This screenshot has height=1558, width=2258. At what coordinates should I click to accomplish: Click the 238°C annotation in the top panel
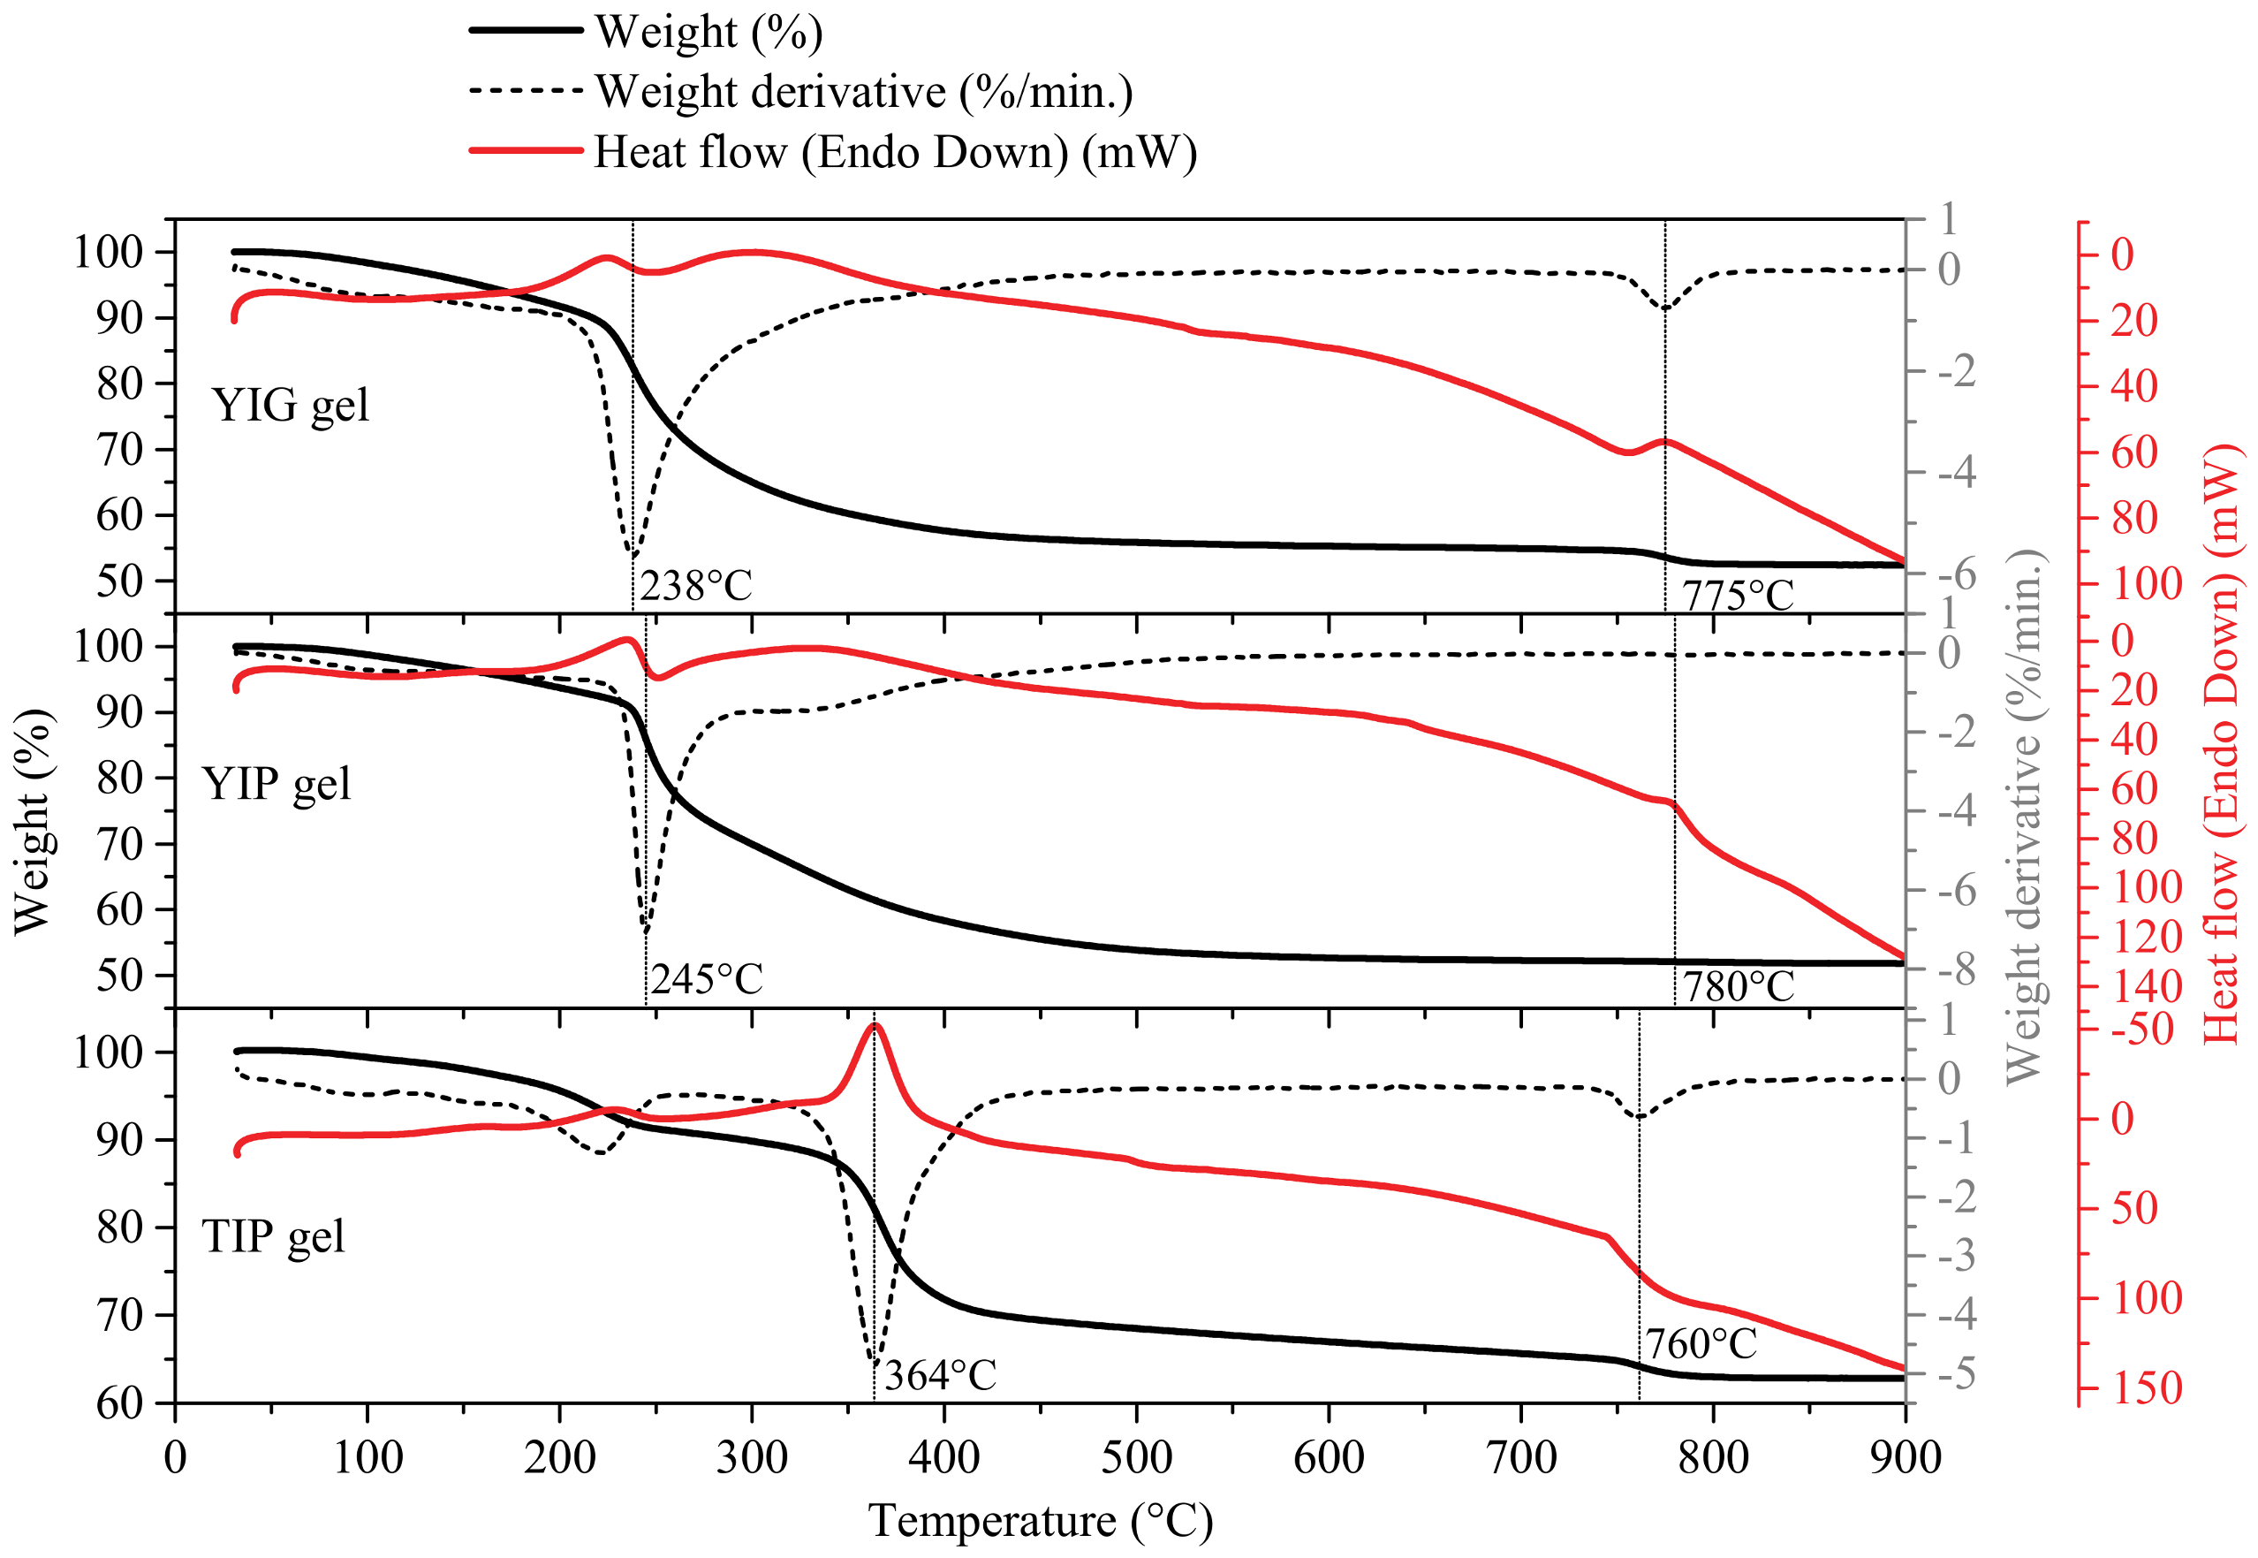click(x=696, y=587)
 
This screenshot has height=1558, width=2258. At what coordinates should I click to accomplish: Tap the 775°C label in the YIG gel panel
click(x=1738, y=596)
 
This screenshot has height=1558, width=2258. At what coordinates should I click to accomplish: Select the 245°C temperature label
click(x=707, y=979)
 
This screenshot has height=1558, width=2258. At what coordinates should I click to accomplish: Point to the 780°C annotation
click(x=1739, y=987)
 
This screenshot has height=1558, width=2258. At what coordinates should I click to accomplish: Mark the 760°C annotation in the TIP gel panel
click(x=1701, y=1345)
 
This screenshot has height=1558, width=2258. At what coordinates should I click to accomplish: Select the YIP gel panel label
click(x=277, y=784)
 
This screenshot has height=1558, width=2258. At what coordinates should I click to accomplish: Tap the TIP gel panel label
click(x=273, y=1237)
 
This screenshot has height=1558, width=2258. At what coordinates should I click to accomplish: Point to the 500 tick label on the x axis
click(x=1137, y=1458)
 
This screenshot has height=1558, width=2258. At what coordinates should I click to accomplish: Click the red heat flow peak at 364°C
click(x=875, y=1024)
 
